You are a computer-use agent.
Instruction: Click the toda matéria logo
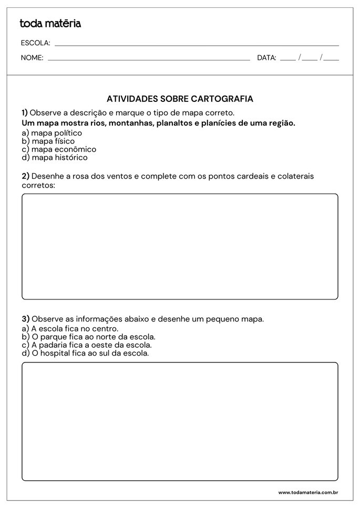[50, 23]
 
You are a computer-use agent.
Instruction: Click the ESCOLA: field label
[35, 43]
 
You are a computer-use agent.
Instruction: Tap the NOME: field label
[32, 58]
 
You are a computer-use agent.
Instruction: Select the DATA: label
[266, 58]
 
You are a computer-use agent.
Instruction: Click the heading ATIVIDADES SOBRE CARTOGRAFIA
[180, 99]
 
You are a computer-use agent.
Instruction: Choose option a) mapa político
[52, 133]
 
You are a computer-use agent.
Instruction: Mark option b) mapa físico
[48, 141]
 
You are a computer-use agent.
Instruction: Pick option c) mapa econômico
[59, 149]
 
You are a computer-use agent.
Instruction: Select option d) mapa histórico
[55, 157]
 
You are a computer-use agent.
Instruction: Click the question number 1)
[25, 113]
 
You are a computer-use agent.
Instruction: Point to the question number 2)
[25, 177]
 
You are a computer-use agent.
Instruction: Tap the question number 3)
[25, 319]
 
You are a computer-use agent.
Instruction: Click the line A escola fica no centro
[70, 328]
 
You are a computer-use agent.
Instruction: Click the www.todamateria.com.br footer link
[307, 492]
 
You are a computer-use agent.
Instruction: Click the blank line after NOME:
[149, 59]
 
